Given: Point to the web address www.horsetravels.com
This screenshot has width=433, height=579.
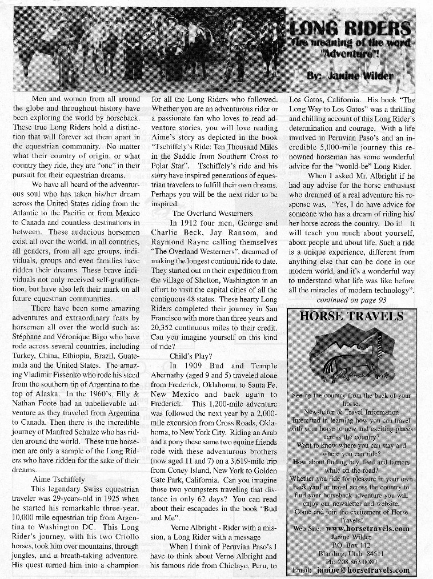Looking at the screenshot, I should click(367, 528).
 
